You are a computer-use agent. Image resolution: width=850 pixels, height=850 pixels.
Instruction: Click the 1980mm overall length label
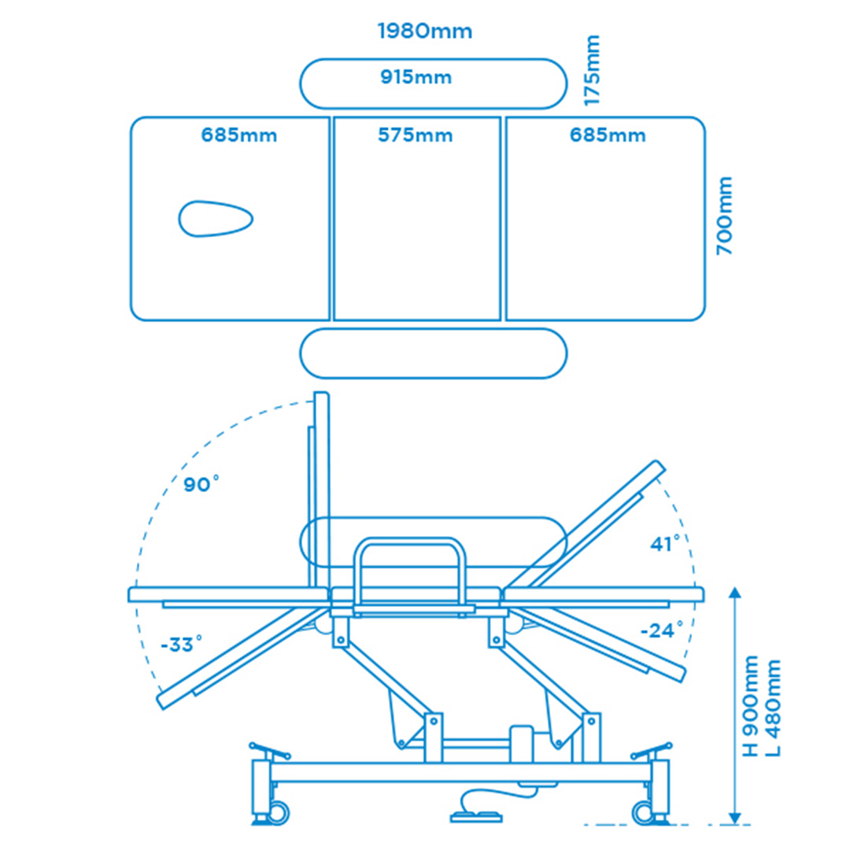click(425, 31)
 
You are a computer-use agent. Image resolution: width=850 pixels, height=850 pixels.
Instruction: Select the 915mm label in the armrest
click(416, 77)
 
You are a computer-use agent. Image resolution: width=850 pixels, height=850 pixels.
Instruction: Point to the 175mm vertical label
click(591, 71)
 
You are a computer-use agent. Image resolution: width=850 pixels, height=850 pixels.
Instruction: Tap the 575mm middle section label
click(416, 135)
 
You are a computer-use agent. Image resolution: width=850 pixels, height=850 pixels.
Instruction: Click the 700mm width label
click(724, 216)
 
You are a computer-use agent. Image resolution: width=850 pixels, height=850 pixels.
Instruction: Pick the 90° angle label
click(201, 483)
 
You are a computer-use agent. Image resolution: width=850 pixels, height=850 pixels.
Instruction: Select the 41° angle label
click(665, 543)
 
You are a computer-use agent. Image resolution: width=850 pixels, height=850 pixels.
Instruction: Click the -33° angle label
click(182, 644)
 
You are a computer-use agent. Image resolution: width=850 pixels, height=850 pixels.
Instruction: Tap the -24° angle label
click(661, 630)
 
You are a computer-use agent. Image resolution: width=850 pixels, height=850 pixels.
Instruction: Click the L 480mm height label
click(772, 708)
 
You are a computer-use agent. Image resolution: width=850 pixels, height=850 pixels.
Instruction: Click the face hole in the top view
click(216, 219)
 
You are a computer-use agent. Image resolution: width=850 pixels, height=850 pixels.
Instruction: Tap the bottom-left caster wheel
click(278, 812)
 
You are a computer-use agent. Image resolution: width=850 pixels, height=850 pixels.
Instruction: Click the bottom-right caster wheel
click(644, 812)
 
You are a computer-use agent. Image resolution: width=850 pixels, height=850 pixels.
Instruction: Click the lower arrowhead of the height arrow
click(734, 819)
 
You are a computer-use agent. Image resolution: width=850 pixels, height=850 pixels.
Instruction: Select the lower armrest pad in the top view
click(433, 353)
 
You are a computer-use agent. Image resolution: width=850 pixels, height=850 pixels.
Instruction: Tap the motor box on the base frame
click(522, 744)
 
